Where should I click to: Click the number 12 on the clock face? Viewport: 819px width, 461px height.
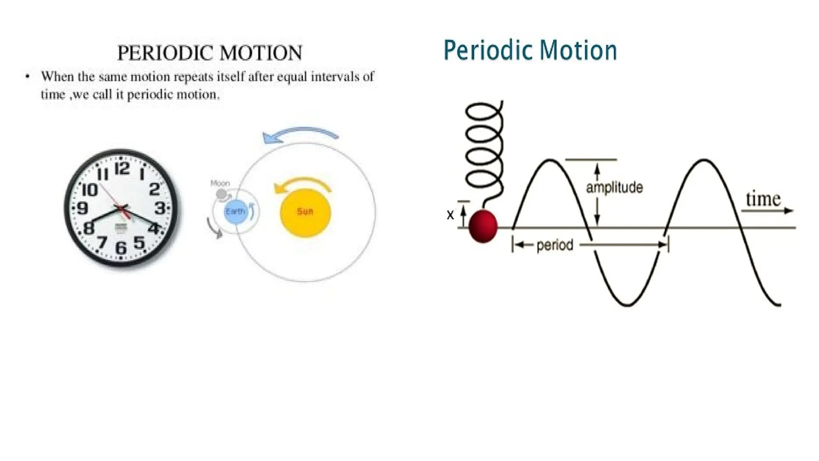[x=122, y=169]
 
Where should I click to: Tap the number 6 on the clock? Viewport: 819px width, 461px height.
[x=120, y=248]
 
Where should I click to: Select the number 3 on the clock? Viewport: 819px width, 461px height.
[x=160, y=208]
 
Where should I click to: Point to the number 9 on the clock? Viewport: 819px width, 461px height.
[x=82, y=208]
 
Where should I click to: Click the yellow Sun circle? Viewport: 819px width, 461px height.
[x=305, y=212]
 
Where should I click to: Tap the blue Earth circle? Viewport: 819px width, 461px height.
[x=235, y=211]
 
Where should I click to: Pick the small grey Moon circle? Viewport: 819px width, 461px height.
[x=221, y=195]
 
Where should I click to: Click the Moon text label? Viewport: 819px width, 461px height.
[x=220, y=183]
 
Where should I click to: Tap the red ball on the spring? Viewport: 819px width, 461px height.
[x=483, y=226]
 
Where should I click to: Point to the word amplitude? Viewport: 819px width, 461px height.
[x=614, y=188]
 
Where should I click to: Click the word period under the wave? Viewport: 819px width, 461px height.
[x=555, y=245]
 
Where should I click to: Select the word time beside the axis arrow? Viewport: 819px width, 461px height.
[x=763, y=199]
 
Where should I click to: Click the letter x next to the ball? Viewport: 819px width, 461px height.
[x=450, y=215]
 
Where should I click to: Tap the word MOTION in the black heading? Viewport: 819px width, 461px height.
[x=261, y=53]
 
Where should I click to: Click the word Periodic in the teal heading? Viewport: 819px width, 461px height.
[x=489, y=51]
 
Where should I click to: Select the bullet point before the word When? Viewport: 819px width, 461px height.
[x=27, y=76]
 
